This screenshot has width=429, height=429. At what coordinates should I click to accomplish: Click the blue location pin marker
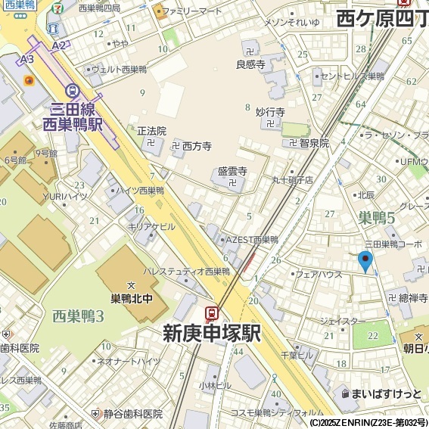[x=365, y=261]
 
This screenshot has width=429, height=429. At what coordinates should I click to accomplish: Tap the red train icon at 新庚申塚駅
[x=212, y=313]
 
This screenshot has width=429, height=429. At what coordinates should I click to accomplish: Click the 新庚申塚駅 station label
[x=212, y=333]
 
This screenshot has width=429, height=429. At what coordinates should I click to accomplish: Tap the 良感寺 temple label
[x=250, y=65]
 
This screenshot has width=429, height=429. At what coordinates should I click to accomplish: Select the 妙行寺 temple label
[x=270, y=113]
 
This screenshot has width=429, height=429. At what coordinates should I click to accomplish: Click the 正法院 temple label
[x=151, y=131]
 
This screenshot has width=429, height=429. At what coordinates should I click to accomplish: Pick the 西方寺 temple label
[x=196, y=145]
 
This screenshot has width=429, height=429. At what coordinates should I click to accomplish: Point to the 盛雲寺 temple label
[x=232, y=172]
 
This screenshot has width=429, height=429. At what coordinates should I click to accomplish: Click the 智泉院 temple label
[x=313, y=142]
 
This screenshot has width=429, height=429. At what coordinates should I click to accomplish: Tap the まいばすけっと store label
[x=386, y=393]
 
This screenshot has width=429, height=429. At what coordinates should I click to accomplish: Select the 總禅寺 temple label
[x=413, y=298]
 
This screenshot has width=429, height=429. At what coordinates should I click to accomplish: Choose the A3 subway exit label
[x=27, y=58]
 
